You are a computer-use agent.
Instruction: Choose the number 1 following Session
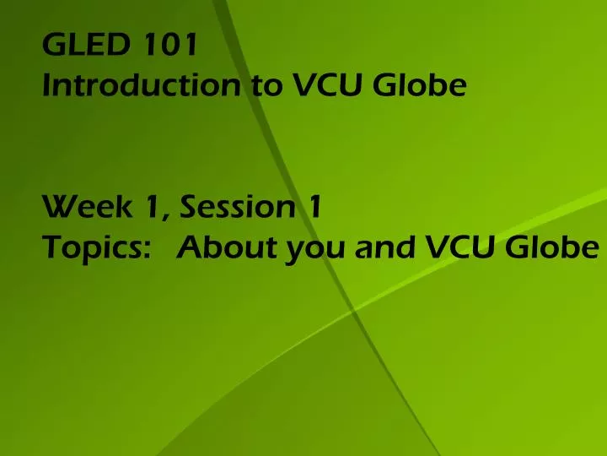coord(313,205)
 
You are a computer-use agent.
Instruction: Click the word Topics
coord(89,247)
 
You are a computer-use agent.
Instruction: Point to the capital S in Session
coord(187,205)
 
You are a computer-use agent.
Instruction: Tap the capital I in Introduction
coord(47,85)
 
